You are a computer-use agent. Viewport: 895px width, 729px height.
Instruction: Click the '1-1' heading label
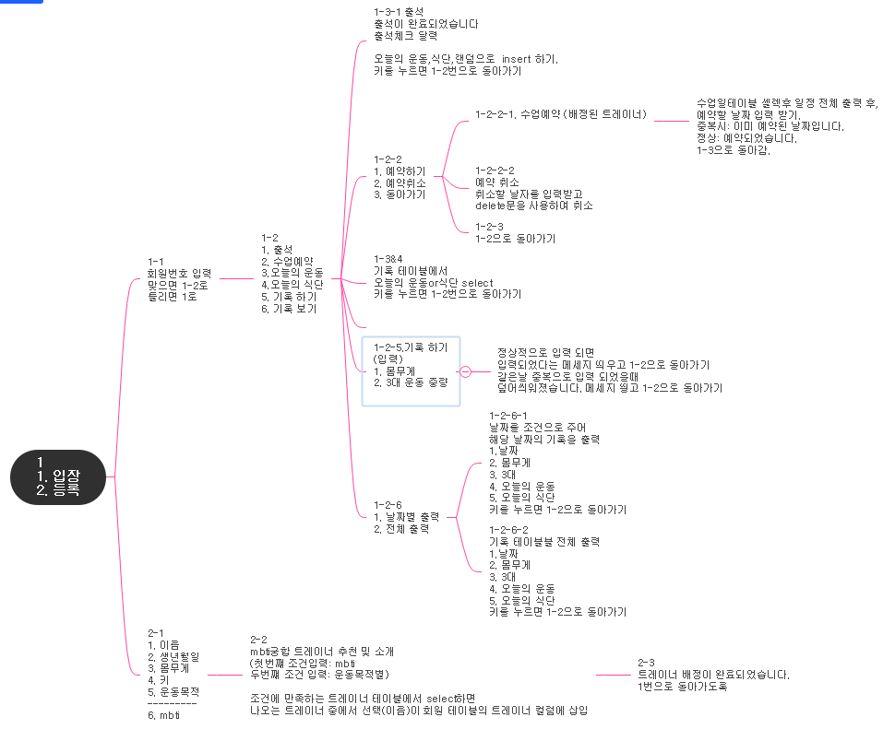tap(157, 261)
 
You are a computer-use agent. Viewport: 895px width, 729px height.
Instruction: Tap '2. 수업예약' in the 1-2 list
tap(287, 261)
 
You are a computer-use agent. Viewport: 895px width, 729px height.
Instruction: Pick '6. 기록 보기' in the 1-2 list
tap(289, 309)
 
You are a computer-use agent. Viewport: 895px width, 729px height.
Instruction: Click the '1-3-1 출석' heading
tap(399, 11)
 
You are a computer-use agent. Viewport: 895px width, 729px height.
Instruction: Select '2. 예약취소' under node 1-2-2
tap(400, 182)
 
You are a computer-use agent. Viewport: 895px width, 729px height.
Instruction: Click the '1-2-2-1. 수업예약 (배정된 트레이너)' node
tap(561, 115)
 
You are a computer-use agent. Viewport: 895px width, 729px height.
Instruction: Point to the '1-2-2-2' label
tap(495, 170)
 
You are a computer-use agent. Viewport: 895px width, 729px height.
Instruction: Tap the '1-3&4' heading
tap(389, 259)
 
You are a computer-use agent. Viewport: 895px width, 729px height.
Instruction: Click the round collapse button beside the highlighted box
tap(465, 371)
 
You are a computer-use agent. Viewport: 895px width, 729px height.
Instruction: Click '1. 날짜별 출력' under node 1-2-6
tap(406, 516)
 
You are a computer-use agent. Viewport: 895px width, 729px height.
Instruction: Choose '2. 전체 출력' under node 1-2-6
tap(400, 528)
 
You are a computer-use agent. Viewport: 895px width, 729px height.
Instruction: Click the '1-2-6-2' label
tap(508, 529)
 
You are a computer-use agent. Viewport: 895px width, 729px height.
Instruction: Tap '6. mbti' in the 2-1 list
tap(164, 715)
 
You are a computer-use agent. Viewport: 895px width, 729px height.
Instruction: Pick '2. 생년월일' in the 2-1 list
tap(173, 656)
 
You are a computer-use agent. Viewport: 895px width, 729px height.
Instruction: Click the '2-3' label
tap(646, 663)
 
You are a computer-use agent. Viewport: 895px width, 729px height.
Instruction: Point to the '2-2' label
tap(259, 640)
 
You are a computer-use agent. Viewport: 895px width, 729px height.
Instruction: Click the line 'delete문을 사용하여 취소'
tap(533, 206)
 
